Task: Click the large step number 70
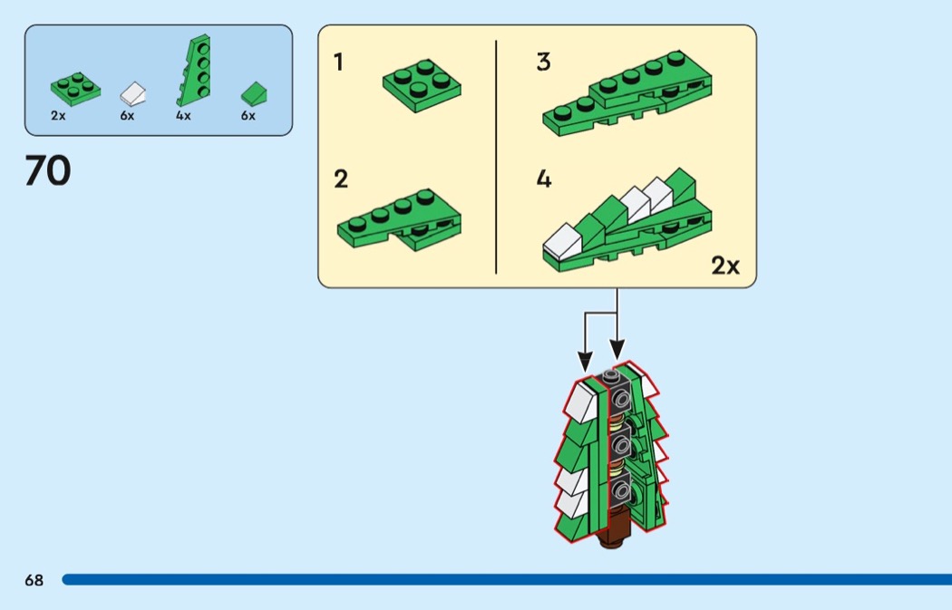click(x=47, y=171)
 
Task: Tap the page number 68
click(x=34, y=580)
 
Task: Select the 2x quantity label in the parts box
click(x=58, y=116)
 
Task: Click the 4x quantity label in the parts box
click(x=183, y=116)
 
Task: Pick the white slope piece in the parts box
click(x=133, y=92)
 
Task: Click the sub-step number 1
click(x=338, y=63)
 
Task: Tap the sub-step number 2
click(x=341, y=179)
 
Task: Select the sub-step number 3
click(x=543, y=63)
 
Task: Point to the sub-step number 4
click(x=544, y=179)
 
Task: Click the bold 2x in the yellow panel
click(x=725, y=266)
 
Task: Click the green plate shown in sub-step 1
click(x=422, y=85)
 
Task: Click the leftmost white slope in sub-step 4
click(x=562, y=240)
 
